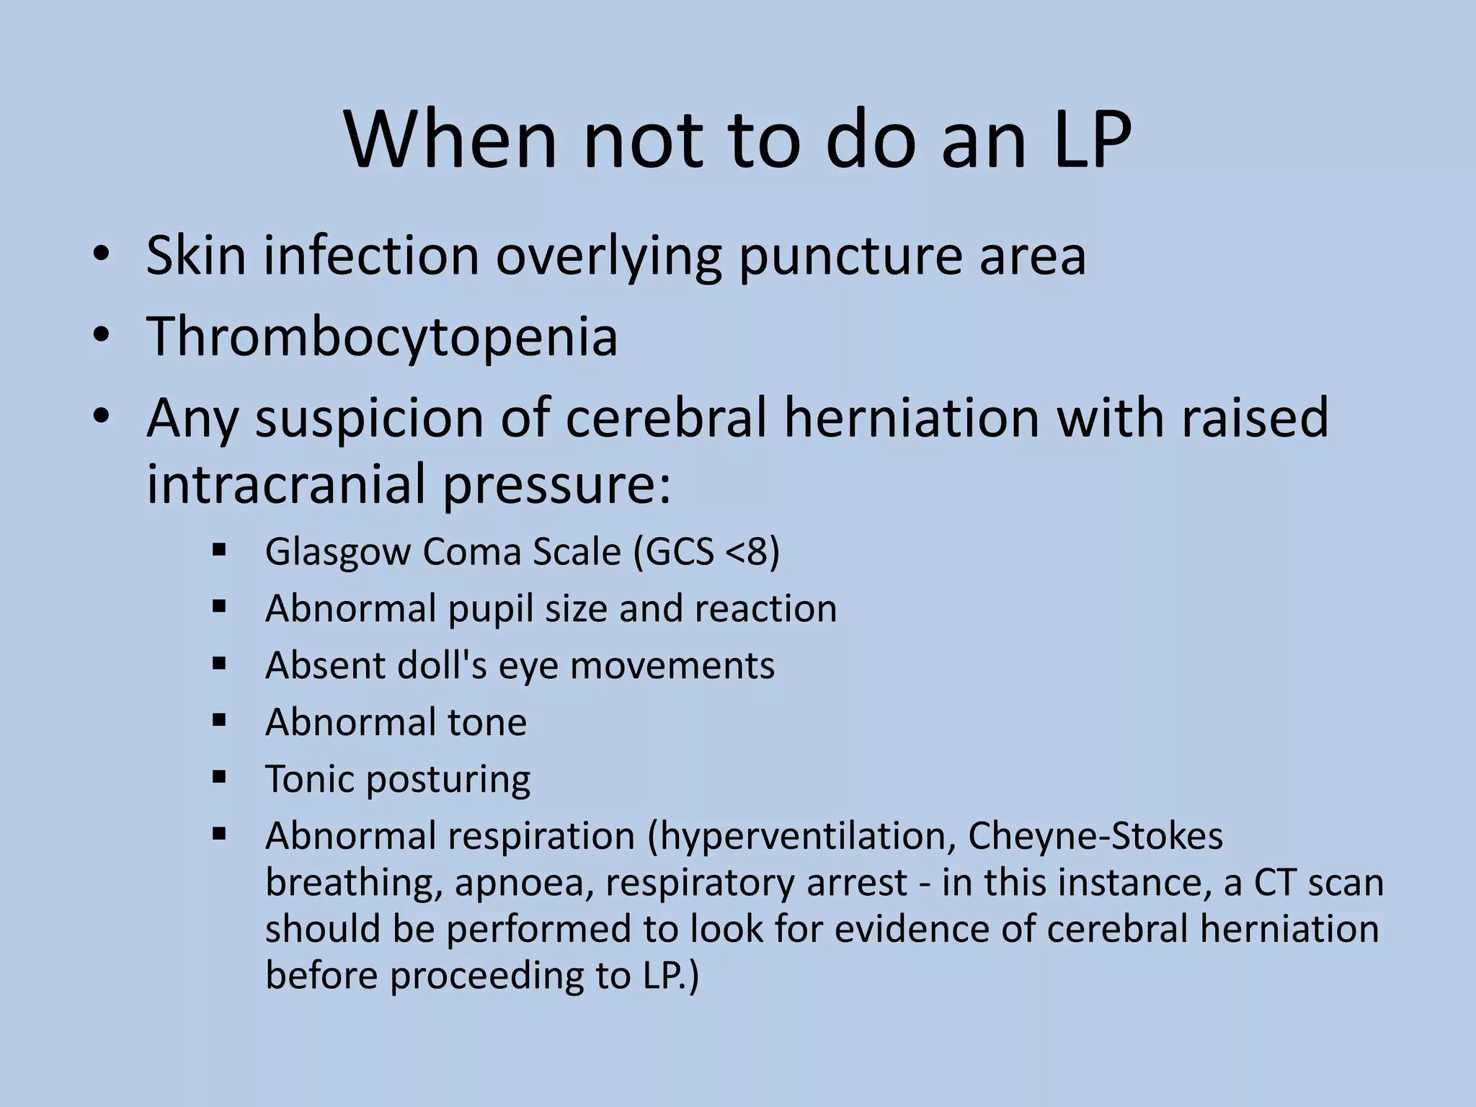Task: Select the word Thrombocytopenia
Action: (382, 337)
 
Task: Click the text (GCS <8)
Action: (706, 552)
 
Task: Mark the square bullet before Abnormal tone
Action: (220, 720)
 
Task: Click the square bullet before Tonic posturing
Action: (220, 777)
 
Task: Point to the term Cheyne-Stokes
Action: (1095, 836)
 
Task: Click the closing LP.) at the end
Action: (667, 976)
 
